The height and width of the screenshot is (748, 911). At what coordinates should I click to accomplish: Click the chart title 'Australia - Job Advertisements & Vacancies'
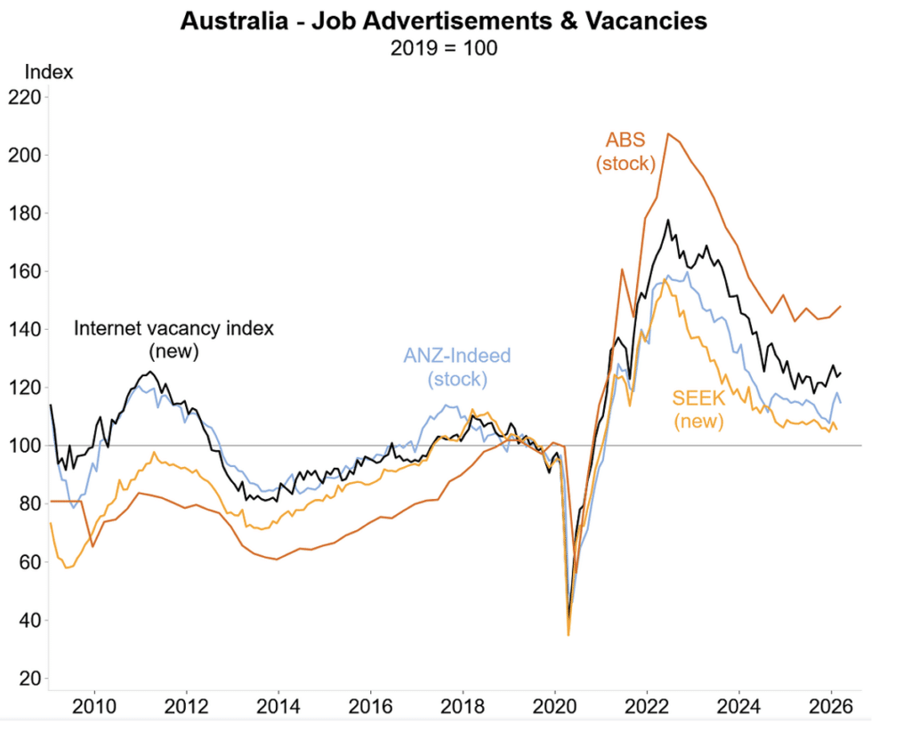click(443, 20)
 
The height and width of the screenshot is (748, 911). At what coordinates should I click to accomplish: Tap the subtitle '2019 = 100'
click(443, 48)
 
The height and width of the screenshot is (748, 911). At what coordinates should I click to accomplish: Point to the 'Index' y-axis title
click(49, 72)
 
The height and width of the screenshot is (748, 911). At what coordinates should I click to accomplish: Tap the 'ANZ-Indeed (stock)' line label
click(457, 367)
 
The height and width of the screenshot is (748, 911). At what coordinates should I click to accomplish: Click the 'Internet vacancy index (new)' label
click(173, 339)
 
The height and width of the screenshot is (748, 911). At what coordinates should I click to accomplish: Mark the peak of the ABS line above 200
click(668, 134)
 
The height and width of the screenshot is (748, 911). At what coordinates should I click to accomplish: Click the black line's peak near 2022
click(667, 221)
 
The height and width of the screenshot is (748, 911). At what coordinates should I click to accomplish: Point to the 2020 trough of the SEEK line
click(568, 634)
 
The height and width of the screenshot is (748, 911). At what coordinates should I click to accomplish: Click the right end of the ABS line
click(841, 306)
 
